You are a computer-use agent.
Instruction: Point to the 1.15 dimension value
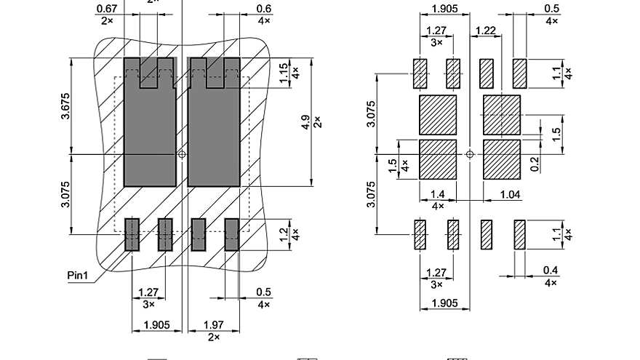(x=284, y=71)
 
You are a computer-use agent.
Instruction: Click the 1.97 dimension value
(x=213, y=324)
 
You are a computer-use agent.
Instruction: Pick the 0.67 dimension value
(x=106, y=9)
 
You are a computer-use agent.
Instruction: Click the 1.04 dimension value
(x=511, y=194)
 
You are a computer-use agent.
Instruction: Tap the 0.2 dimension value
(x=535, y=165)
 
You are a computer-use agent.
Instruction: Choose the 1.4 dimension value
(x=438, y=194)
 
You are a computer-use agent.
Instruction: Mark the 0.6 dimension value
(x=264, y=9)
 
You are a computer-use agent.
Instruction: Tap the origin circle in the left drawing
(x=182, y=154)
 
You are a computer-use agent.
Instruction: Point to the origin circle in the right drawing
(x=470, y=154)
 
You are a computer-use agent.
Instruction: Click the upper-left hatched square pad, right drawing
(x=438, y=115)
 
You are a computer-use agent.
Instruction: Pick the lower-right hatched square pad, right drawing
(x=502, y=159)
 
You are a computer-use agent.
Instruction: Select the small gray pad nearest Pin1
(x=132, y=234)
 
